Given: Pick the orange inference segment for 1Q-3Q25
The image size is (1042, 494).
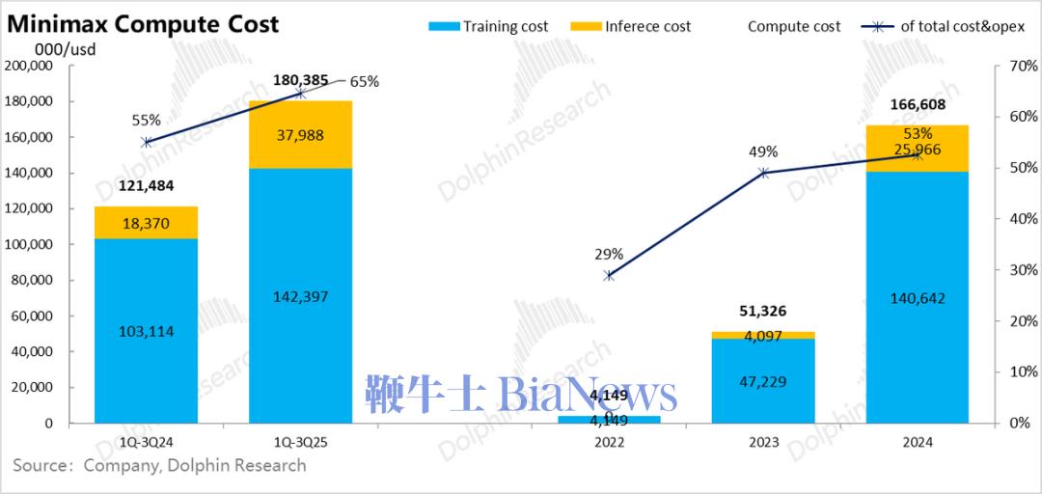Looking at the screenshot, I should pyautogui.click(x=300, y=135).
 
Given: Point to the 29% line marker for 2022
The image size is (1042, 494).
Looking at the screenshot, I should pyautogui.click(x=609, y=275).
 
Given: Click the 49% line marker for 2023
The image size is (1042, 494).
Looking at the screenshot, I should pyautogui.click(x=763, y=173).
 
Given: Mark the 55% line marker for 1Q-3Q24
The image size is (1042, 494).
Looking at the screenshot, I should pyautogui.click(x=146, y=142).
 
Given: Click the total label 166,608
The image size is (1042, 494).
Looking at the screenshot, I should pyautogui.click(x=917, y=104).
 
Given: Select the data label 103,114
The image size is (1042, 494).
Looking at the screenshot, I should pyautogui.click(x=146, y=332).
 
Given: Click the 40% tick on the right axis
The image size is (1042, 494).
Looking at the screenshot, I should pyautogui.click(x=1018, y=219).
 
